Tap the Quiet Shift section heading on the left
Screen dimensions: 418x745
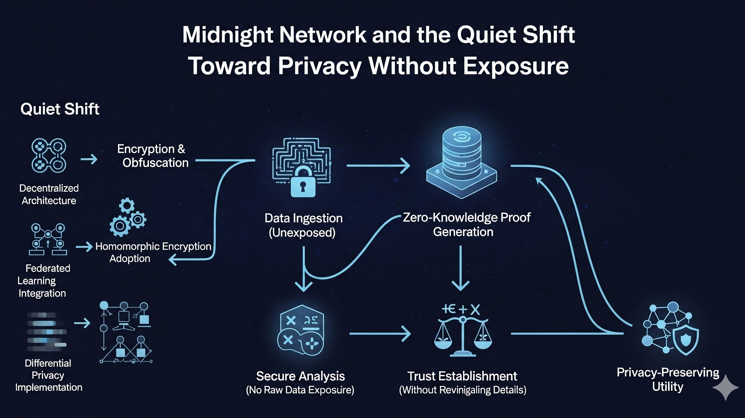point(60,109)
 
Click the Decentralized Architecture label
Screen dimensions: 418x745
point(49,194)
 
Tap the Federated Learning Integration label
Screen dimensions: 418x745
point(43,281)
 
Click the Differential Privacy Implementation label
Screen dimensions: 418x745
point(48,375)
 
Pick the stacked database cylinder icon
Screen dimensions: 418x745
point(462,162)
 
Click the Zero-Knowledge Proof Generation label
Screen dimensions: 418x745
point(466,225)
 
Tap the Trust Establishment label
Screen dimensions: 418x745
point(462,376)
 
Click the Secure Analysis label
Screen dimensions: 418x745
point(300,376)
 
